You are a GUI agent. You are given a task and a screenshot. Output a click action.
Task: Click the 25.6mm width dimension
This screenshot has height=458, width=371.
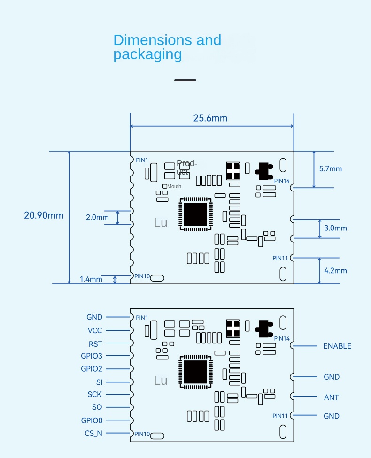[210, 118]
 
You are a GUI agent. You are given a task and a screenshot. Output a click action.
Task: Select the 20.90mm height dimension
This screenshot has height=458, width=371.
[44, 215]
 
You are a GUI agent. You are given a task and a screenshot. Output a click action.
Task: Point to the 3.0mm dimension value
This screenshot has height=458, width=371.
[335, 228]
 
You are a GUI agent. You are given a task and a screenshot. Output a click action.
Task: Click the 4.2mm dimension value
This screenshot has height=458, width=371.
[335, 270]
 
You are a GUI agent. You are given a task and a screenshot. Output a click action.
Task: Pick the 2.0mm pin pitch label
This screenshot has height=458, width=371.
[97, 217]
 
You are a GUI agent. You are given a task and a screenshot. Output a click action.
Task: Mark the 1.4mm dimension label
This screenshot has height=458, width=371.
[91, 279]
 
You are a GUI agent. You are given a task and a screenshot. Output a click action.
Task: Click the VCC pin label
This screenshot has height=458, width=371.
[94, 330]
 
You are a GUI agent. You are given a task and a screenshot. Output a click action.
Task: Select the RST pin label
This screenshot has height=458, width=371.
[95, 344]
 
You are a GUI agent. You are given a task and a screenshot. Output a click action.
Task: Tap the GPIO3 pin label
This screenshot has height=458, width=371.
[91, 356]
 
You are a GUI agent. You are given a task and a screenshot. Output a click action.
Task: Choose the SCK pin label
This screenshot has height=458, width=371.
[94, 395]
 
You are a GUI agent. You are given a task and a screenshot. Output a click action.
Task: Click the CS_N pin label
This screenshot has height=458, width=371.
[93, 433]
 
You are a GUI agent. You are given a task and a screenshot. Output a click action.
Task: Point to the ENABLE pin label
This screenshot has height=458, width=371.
[337, 346]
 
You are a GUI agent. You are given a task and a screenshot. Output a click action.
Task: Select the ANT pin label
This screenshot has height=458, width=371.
[331, 397]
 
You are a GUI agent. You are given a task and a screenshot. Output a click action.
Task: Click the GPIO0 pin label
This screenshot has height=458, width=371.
[91, 420]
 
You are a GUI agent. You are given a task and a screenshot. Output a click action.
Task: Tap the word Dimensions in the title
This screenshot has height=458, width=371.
[153, 40]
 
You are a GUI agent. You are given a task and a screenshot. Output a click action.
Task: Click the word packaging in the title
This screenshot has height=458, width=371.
[147, 54]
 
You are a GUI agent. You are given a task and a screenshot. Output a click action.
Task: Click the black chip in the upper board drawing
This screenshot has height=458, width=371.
[195, 214]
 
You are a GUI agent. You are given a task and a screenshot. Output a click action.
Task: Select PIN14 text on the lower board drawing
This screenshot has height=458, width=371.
[282, 338]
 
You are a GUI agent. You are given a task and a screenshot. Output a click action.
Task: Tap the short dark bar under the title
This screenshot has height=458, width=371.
[185, 80]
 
